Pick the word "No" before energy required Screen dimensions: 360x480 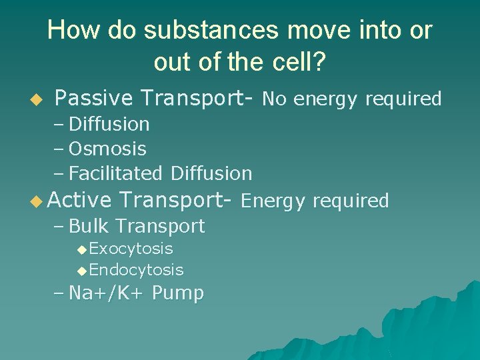click(x=275, y=99)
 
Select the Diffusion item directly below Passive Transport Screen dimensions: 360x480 click(x=109, y=124)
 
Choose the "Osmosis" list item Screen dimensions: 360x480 click(x=107, y=149)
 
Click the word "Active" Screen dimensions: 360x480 click(x=80, y=200)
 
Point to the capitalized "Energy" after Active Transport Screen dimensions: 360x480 click(x=273, y=201)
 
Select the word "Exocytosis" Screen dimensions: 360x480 click(x=131, y=249)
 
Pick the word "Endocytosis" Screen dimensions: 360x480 click(x=136, y=270)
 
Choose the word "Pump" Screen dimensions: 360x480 click(x=178, y=293)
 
